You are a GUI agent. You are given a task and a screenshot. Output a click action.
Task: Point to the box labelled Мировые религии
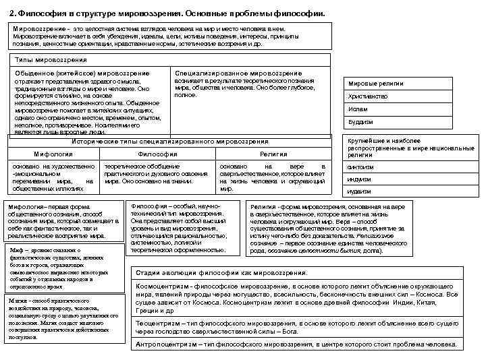point(376,84)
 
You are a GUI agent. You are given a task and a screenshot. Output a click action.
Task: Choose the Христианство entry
point(369,96)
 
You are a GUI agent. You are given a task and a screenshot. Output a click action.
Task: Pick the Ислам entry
point(358,109)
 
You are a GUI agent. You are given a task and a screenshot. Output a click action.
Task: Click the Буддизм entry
point(361,122)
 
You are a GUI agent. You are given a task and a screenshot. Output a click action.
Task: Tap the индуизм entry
point(360,179)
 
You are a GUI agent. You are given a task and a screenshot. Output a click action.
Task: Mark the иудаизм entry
point(360,191)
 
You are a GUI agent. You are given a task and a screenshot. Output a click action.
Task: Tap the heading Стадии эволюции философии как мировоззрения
point(221,273)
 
